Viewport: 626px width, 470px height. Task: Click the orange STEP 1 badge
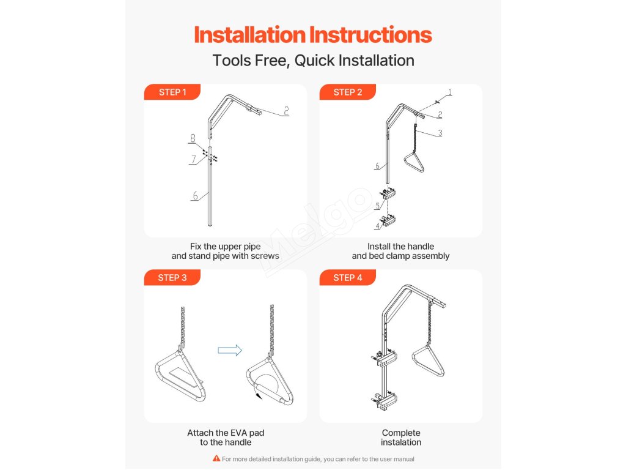(172, 92)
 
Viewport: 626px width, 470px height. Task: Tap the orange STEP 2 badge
(347, 92)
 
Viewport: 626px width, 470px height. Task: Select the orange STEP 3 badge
(172, 277)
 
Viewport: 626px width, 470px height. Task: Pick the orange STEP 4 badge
(347, 277)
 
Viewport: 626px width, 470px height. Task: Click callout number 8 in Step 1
(193, 138)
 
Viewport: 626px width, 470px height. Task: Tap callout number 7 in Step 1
(194, 159)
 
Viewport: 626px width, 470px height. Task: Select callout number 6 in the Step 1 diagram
(195, 195)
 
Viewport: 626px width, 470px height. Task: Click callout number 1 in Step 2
(450, 92)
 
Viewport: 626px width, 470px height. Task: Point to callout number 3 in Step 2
(440, 133)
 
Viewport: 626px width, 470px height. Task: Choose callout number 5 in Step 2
(377, 206)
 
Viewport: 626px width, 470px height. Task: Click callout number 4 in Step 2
(377, 226)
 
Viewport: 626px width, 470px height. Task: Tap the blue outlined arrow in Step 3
(230, 351)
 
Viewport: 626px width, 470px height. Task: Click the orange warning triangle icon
(216, 458)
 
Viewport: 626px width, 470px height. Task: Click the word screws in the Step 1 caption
(265, 256)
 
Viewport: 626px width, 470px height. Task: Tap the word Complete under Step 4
(401, 433)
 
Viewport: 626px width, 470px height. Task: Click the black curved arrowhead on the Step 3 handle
(259, 396)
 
